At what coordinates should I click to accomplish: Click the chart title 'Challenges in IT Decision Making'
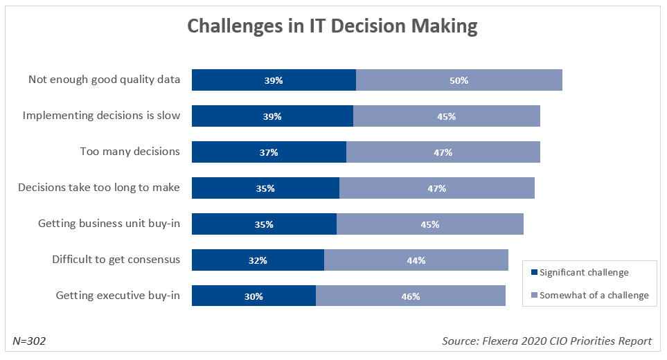[x=332, y=26]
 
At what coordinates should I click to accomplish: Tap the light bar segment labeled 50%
[x=459, y=80]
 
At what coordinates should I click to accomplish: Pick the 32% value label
[x=258, y=260]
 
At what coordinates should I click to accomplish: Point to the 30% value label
[x=254, y=296]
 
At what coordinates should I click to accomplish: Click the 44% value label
[x=416, y=260]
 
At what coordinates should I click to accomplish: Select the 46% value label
[x=411, y=296]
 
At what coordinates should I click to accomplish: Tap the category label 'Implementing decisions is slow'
[x=101, y=116]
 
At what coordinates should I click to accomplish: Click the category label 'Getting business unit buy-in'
[x=109, y=224]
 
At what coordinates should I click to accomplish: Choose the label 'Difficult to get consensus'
[x=116, y=260]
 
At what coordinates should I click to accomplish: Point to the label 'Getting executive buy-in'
[x=118, y=296]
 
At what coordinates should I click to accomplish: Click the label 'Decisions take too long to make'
[x=99, y=188]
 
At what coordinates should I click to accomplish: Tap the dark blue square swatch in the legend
[x=533, y=273]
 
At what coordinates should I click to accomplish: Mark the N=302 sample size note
[x=30, y=341]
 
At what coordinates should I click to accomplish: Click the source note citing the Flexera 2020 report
[x=546, y=341]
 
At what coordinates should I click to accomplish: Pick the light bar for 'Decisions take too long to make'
[x=436, y=188]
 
